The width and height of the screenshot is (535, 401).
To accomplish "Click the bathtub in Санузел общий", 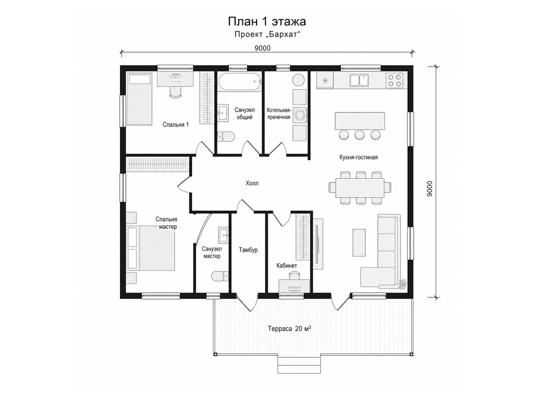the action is click(x=240, y=82).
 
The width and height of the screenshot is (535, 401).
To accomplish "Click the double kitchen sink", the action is click(x=359, y=80).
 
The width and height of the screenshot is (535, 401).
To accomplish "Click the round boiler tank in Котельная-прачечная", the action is click(x=298, y=80).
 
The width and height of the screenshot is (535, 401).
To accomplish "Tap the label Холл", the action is click(x=252, y=183).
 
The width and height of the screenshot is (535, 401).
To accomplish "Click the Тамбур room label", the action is click(x=248, y=250).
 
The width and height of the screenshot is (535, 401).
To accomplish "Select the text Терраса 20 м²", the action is click(x=289, y=328).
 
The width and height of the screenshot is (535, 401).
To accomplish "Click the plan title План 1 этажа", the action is click(x=267, y=22).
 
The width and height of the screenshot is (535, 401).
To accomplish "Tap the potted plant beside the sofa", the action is click(x=402, y=284).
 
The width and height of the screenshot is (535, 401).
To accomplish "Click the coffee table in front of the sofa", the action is click(x=359, y=243).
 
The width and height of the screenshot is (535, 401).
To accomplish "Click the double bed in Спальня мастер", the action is click(x=150, y=248).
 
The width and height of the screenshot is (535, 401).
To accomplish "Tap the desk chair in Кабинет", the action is click(x=294, y=276).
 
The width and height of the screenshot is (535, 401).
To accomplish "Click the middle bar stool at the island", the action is click(x=359, y=135).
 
